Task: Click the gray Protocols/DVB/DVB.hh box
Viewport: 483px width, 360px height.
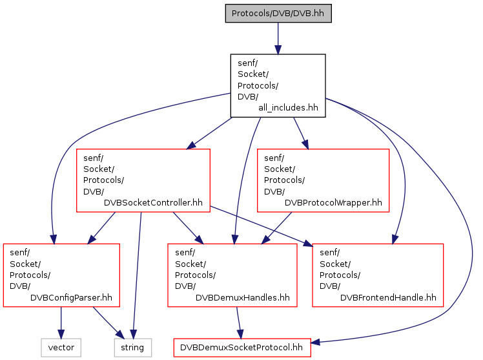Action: pos(278,14)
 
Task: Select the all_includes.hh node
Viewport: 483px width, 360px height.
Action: pos(278,86)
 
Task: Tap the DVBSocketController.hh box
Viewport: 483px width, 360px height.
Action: pos(143,180)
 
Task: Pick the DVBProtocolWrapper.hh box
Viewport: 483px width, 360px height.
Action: pos(323,180)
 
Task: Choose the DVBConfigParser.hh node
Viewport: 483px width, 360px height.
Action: pos(61,275)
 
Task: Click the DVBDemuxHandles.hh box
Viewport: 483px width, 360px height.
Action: pos(232,275)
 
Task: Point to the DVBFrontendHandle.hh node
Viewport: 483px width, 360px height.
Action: pos(378,275)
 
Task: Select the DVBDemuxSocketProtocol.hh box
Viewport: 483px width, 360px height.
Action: pos(242,348)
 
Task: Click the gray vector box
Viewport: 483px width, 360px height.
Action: pos(61,348)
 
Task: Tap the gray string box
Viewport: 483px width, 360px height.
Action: pos(133,348)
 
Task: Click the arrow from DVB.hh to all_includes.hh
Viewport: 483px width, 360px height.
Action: pos(278,39)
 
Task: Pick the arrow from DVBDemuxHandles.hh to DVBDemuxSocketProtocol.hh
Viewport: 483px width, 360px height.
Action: pos(239,323)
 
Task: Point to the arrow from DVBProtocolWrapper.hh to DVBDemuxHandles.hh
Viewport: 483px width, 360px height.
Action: pos(276,228)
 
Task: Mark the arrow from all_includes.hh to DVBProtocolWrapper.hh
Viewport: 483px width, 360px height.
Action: pos(301,133)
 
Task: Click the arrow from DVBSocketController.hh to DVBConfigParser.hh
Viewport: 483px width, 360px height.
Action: pos(101,228)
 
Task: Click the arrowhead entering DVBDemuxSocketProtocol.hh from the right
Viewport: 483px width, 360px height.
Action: pos(315,342)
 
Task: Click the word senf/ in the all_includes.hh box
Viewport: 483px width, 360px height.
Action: pos(248,63)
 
